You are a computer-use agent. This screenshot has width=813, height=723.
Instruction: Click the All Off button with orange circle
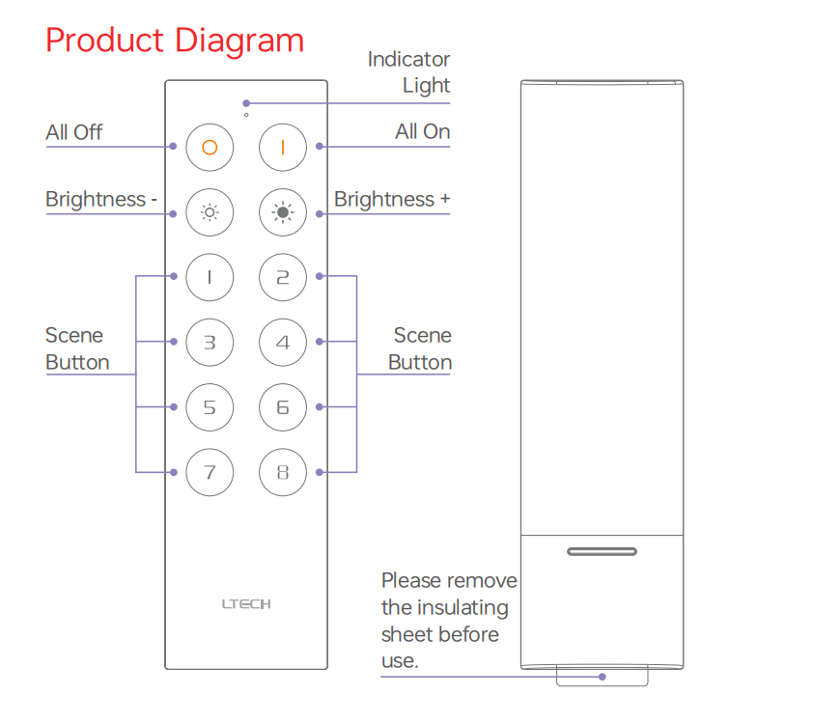pos(210,147)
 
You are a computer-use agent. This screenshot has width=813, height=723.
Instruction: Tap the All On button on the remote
pos(283,147)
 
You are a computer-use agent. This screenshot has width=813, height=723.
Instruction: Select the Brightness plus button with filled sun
pos(283,212)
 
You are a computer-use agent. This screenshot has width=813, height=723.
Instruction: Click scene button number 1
pos(210,277)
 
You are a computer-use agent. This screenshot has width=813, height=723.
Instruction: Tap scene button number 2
pos(283,277)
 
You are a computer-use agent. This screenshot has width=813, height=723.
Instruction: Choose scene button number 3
pos(210,342)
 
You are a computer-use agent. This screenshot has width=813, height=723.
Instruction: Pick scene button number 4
pos(283,342)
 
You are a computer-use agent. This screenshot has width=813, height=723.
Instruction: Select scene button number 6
pos(283,407)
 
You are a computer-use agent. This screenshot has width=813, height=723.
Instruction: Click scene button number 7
pos(210,473)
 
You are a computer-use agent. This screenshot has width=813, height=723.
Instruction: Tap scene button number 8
pos(283,473)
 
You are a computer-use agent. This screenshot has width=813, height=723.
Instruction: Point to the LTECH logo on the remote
pos(246,604)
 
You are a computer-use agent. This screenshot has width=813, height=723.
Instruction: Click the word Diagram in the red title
pos(239,41)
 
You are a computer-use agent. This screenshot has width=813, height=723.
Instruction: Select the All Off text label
pos(73,132)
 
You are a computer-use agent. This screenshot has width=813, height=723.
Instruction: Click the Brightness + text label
pos(391,200)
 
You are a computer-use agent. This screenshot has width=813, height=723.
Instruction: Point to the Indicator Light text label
pos(409,72)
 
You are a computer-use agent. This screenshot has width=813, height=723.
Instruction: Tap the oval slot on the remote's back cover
pos(602,552)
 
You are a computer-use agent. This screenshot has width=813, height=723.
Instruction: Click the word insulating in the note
pos(460,608)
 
